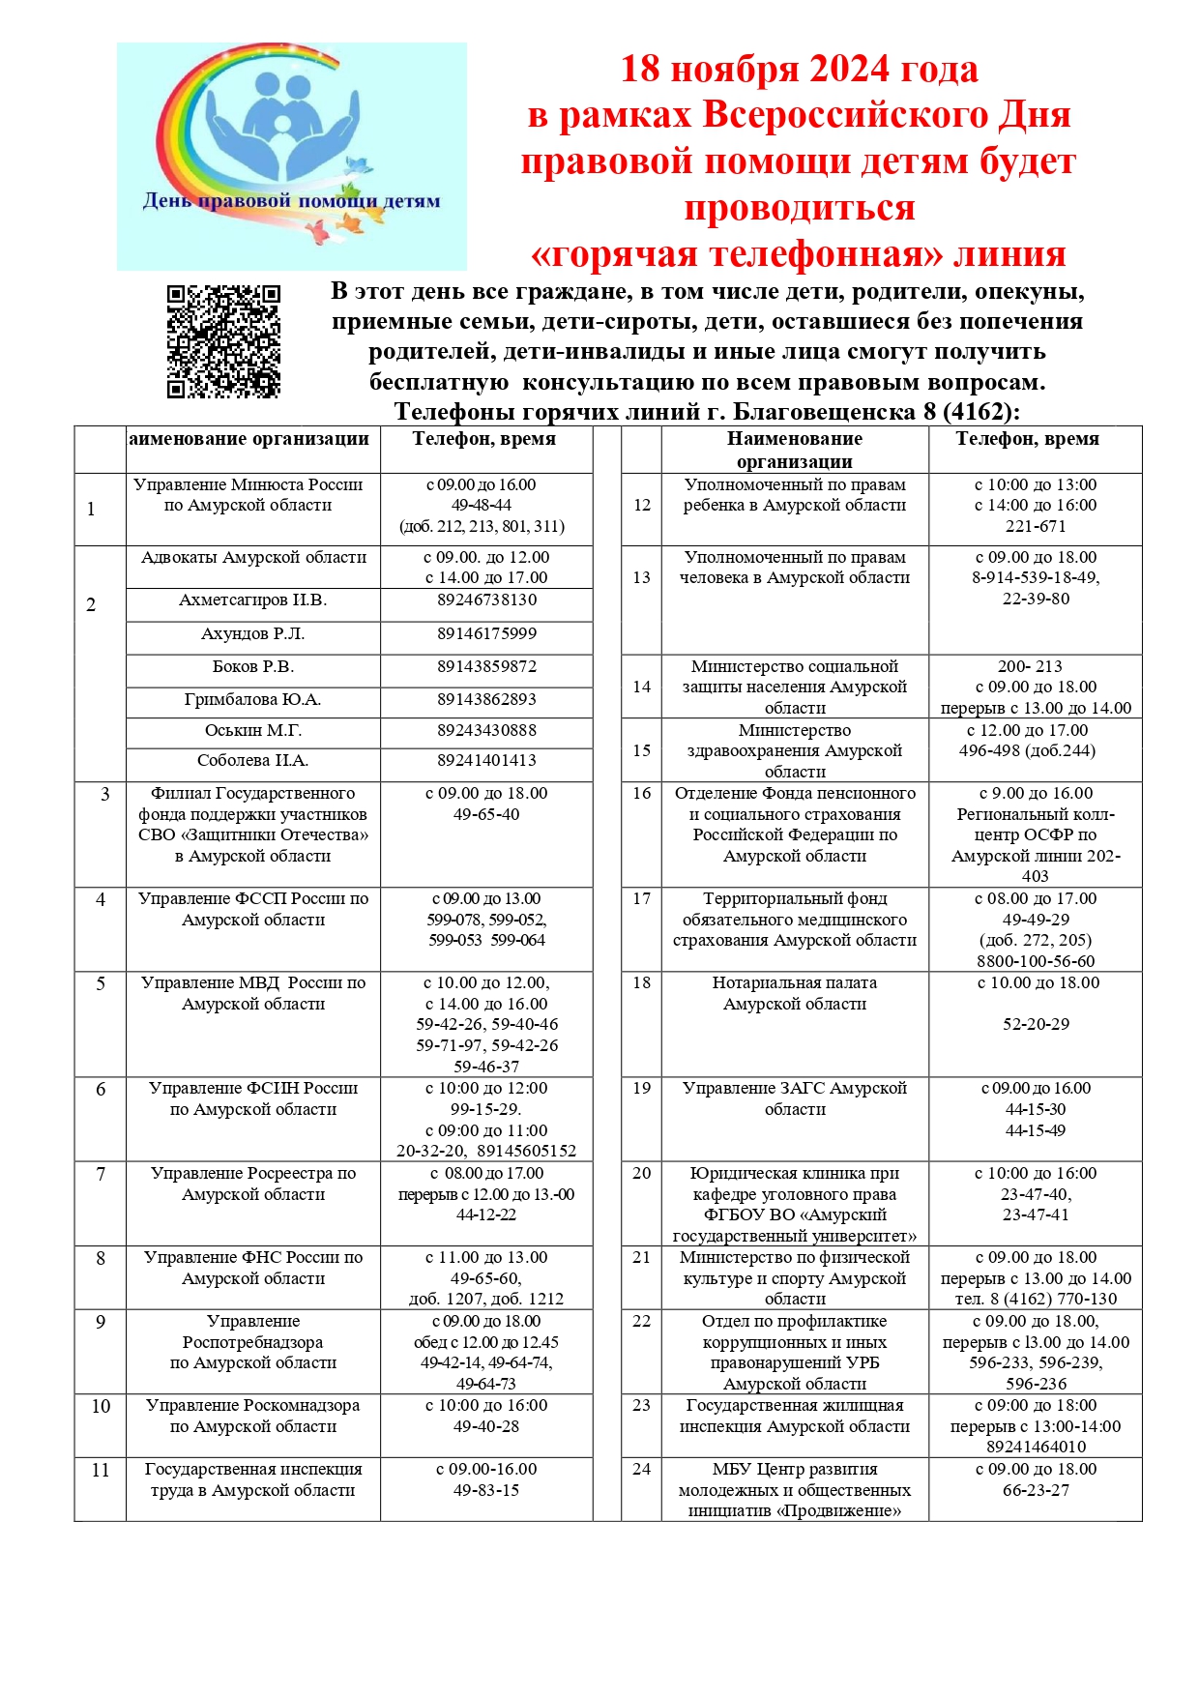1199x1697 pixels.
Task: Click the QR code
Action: (223, 340)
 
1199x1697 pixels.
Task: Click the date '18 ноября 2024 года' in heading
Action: (799, 69)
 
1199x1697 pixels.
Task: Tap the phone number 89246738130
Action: (486, 600)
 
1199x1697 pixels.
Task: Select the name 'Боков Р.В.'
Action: (253, 666)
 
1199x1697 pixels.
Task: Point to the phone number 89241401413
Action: (486, 760)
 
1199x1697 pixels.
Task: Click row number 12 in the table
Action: (642, 505)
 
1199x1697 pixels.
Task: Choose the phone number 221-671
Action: (1036, 526)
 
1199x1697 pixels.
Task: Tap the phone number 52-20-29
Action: (1036, 1024)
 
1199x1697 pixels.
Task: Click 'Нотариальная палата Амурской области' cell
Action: (795, 993)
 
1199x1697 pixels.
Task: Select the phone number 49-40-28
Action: (486, 1426)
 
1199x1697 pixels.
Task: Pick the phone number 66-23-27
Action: (1036, 1490)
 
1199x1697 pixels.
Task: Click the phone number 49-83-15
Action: (486, 1490)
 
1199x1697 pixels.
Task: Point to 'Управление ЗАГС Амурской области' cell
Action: (795, 1098)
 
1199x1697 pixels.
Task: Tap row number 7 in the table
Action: (101, 1174)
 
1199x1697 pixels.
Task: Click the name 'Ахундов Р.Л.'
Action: (253, 633)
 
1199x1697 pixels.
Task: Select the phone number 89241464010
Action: (1036, 1447)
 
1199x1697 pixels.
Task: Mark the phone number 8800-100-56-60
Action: (1036, 961)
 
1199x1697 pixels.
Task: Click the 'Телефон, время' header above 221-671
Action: (1027, 438)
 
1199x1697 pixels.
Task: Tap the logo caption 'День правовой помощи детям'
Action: (291, 201)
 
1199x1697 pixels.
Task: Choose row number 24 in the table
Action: (642, 1469)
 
